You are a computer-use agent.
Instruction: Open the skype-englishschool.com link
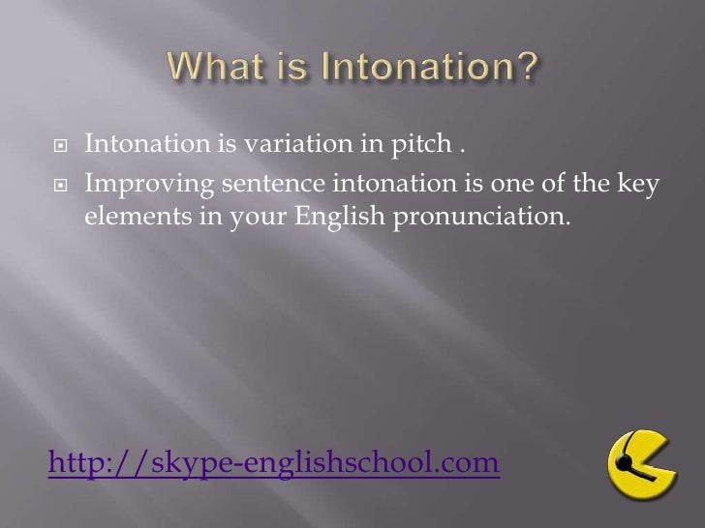274,466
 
